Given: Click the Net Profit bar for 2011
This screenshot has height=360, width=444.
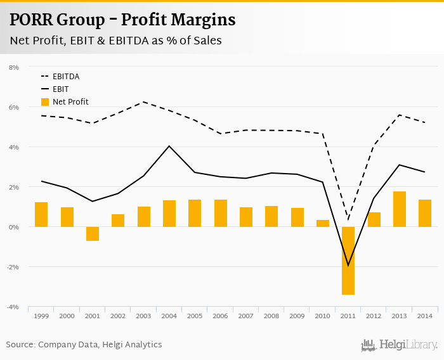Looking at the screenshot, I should tap(348, 260).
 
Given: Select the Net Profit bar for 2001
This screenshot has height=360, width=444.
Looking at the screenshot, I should tap(93, 234).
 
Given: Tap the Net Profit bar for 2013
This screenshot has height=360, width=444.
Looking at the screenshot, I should tap(399, 209).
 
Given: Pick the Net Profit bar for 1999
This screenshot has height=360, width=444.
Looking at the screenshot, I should tap(41, 214).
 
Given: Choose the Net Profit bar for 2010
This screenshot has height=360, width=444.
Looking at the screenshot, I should tap(323, 223).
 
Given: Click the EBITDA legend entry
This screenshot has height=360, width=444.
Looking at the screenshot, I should tap(65, 77).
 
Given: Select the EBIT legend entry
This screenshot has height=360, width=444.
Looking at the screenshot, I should tap(61, 89).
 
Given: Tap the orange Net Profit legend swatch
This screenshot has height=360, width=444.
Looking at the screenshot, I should tap(44, 102).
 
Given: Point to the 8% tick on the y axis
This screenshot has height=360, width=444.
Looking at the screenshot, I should tap(14, 67).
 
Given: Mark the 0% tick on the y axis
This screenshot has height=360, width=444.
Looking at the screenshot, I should tap(14, 227).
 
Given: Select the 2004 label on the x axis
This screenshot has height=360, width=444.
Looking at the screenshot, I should tap(169, 316).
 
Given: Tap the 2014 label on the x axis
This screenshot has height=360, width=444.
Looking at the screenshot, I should tap(424, 316).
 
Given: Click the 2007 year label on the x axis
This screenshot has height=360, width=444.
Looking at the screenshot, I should tap(246, 316).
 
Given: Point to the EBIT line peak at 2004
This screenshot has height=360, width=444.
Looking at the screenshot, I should tap(169, 146).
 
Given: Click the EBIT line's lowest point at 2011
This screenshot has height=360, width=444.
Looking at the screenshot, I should tap(348, 266).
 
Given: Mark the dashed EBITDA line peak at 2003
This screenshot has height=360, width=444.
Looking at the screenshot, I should tap(144, 101).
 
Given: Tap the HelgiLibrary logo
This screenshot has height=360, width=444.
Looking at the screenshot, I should tap(399, 345).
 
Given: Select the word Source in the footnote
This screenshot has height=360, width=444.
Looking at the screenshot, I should tap(20, 345).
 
